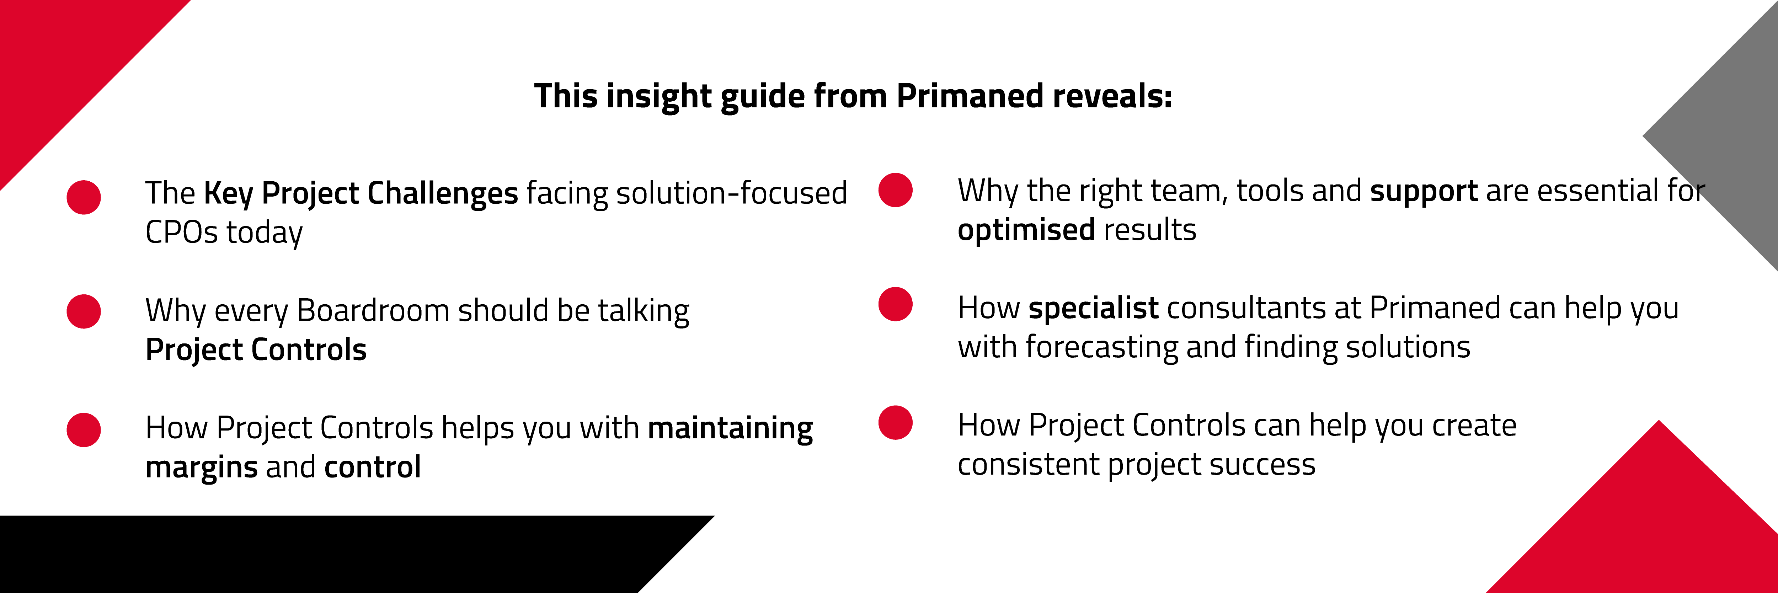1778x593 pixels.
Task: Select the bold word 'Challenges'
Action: point(442,193)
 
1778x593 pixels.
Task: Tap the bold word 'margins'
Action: point(201,468)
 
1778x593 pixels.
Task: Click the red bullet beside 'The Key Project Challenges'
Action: point(84,197)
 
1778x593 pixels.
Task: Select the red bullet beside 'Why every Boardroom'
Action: point(84,311)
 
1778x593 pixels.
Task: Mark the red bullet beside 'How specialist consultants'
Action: point(895,304)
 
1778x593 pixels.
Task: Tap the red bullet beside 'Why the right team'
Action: point(895,190)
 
